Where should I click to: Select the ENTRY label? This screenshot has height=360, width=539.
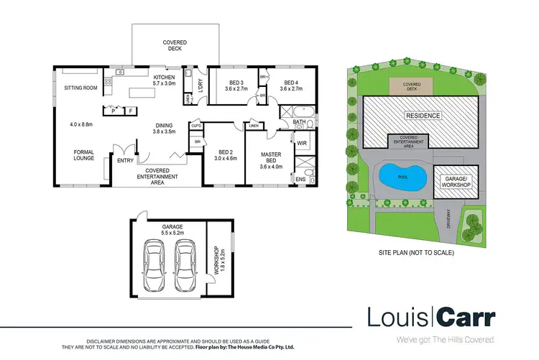click(x=126, y=161)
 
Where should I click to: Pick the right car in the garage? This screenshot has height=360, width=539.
click(x=185, y=262)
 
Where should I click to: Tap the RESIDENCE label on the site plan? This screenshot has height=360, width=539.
click(x=422, y=116)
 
